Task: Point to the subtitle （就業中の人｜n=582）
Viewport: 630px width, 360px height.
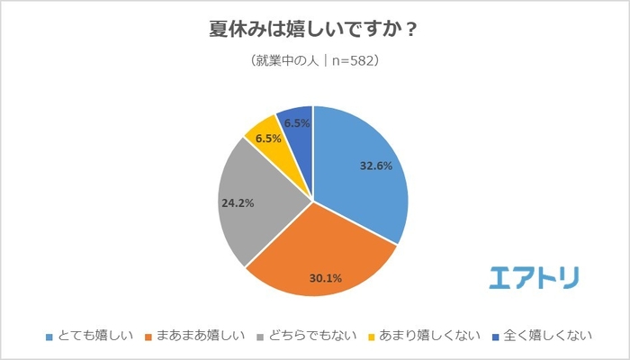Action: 313,62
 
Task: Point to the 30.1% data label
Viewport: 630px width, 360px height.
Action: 325,277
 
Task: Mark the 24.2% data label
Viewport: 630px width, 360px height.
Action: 238,203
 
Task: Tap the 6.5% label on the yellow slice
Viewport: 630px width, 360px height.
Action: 268,139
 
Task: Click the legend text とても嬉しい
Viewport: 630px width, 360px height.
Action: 94,337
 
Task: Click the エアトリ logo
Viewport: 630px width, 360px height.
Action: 535,276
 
